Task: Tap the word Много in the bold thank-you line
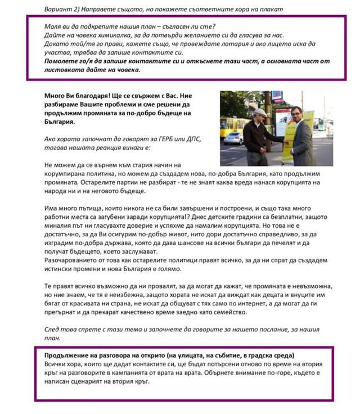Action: coord(55,96)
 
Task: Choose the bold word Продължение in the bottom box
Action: coord(70,355)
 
